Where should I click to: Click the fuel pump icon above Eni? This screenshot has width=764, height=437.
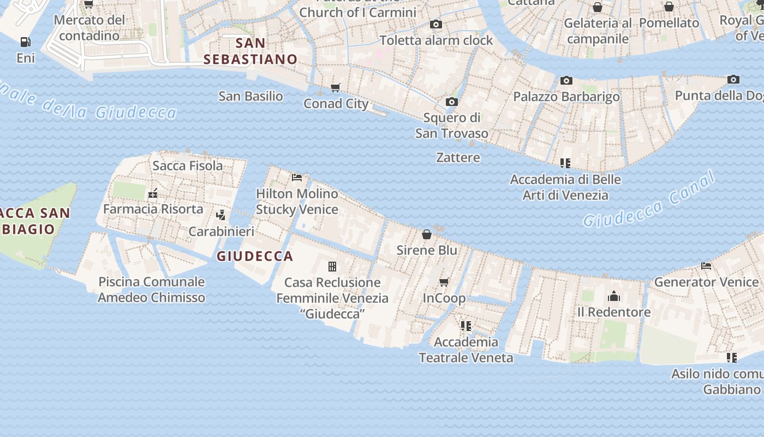[x=25, y=42]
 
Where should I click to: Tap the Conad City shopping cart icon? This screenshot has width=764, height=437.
[x=336, y=87]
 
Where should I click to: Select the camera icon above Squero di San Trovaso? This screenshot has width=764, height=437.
[x=451, y=102]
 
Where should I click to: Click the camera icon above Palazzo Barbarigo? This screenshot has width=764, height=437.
[x=566, y=81]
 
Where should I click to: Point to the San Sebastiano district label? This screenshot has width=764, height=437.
[x=250, y=51]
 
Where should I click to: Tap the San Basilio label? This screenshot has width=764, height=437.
[x=250, y=96]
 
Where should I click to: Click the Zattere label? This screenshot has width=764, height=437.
[x=458, y=157]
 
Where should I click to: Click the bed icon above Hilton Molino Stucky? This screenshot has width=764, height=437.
[x=297, y=178]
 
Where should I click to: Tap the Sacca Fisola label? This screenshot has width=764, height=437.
[x=187, y=166]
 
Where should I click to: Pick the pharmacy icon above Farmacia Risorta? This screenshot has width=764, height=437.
[x=153, y=193]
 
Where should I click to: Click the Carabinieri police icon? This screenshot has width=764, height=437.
[x=221, y=215]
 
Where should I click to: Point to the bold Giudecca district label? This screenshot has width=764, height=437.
[x=255, y=256]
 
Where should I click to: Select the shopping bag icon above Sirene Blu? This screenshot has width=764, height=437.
[x=427, y=234]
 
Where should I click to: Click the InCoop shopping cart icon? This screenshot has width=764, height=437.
[x=444, y=282]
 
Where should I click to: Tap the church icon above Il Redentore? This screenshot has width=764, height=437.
[x=614, y=297]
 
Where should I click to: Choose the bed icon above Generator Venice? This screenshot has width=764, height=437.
[x=706, y=266]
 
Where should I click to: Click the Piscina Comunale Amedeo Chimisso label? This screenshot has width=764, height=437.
[x=151, y=290]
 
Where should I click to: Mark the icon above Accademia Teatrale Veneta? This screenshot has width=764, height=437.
[x=465, y=326]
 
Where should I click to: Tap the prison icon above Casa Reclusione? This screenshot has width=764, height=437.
[x=332, y=267]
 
